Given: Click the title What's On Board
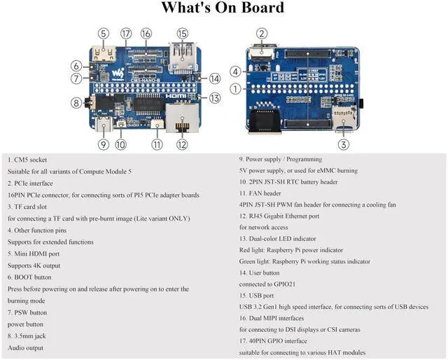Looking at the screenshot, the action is (x=223, y=9).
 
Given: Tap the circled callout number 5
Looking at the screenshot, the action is (x=104, y=33).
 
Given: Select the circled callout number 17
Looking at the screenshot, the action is (x=126, y=33).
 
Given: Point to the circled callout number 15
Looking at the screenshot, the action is (x=183, y=33).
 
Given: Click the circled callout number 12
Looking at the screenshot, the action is (x=183, y=145).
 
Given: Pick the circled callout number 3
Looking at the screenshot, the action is (x=344, y=145).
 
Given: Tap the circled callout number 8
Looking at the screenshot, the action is (x=76, y=103).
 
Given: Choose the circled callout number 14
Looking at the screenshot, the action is (x=214, y=79).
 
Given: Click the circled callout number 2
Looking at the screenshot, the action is (x=262, y=33).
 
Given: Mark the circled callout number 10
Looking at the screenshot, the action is (x=121, y=145).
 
